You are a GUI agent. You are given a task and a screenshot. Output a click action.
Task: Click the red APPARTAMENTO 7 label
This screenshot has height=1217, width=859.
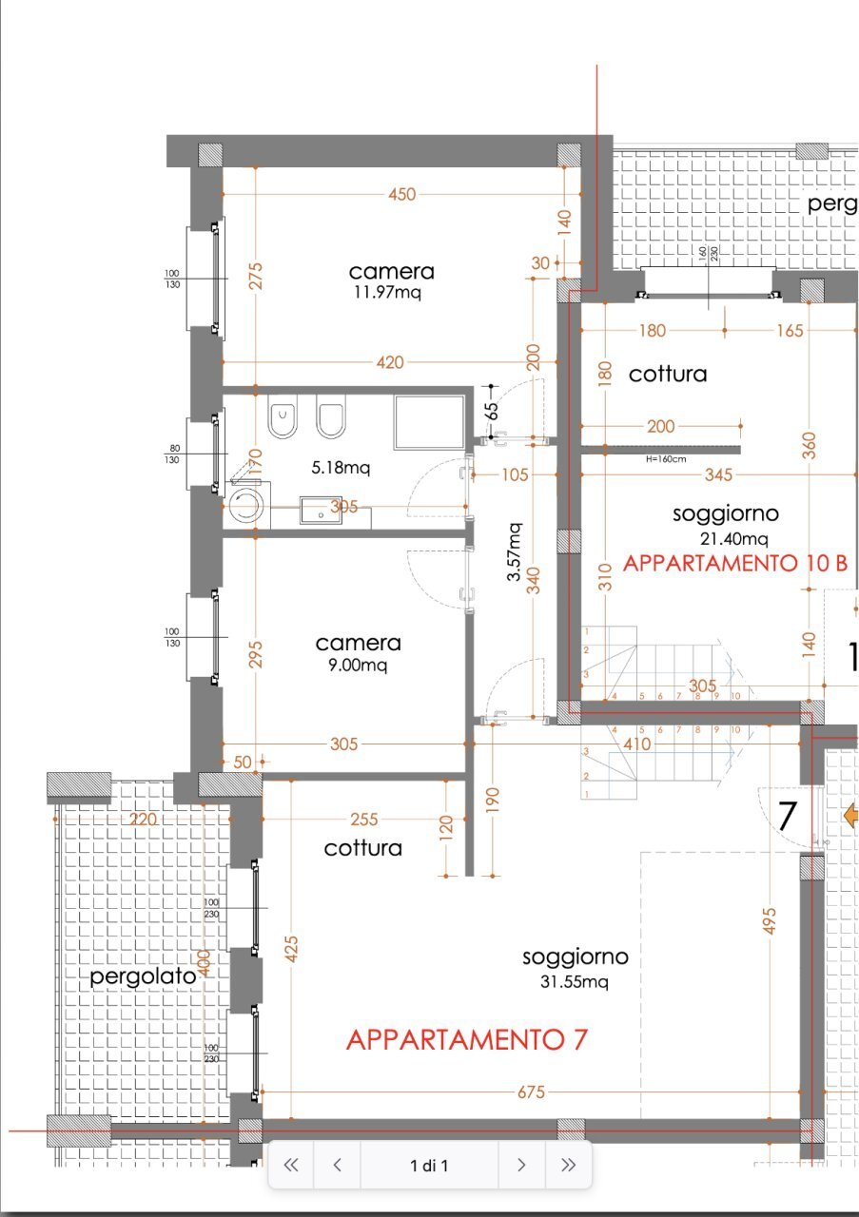(x=466, y=1040)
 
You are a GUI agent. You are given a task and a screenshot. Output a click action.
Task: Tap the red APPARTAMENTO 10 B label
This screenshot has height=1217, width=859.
(x=734, y=563)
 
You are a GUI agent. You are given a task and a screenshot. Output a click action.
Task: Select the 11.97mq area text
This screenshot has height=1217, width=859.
(x=385, y=293)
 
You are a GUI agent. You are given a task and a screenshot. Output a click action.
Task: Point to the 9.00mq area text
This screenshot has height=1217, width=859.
(x=359, y=666)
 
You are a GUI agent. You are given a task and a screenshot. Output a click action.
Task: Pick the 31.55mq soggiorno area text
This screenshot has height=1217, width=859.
(x=575, y=981)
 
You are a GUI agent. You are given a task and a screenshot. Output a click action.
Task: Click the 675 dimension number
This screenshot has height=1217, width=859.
(x=531, y=1093)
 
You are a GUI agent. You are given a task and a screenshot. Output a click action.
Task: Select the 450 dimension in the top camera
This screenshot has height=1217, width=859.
(x=401, y=194)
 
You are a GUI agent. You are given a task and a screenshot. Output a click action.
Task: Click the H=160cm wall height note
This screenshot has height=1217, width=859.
(x=665, y=459)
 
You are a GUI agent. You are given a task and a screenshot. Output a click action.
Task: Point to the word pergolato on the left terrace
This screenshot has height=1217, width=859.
(x=144, y=976)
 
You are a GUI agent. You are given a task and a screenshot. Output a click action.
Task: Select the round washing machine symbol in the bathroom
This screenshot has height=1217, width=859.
(x=246, y=504)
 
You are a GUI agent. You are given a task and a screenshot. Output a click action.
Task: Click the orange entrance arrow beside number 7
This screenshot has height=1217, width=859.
(x=850, y=815)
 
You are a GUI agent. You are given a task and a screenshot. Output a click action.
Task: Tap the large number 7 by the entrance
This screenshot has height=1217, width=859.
(x=788, y=817)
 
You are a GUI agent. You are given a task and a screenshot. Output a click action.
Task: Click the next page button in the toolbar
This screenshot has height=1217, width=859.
(x=521, y=1165)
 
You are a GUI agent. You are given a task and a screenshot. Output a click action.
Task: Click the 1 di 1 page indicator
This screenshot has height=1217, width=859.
(x=429, y=1165)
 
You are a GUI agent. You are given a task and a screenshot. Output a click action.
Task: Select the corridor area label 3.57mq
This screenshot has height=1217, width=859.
(x=514, y=552)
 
